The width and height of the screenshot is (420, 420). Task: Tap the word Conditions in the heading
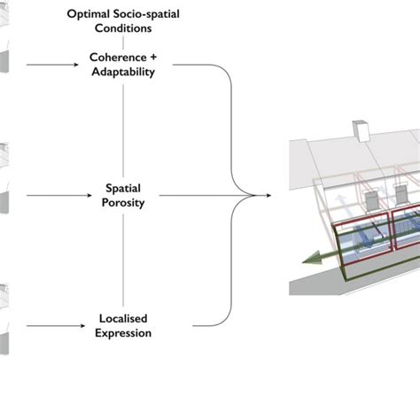click(123, 28)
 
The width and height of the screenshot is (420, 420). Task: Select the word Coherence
click(118, 58)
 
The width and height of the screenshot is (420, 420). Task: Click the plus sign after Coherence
click(153, 58)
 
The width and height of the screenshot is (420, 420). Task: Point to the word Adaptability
click(123, 72)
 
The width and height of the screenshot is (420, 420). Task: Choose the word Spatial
click(123, 189)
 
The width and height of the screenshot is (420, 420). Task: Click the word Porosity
click(123, 203)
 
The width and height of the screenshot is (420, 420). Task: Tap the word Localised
click(123, 319)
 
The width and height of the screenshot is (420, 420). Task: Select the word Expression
click(123, 333)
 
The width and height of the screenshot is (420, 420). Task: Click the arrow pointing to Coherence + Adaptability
click(52, 65)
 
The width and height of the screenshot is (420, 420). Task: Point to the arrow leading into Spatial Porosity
click(59, 195)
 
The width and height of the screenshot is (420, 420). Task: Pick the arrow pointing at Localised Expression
click(56, 326)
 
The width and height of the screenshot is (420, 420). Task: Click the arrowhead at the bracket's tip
click(268, 195)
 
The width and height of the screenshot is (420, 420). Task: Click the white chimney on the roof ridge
click(362, 131)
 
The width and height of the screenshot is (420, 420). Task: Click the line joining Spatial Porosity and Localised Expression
click(123, 261)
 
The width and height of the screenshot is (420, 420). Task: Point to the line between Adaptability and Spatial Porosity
click(123, 131)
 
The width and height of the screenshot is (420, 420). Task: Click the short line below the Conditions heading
click(123, 43)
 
